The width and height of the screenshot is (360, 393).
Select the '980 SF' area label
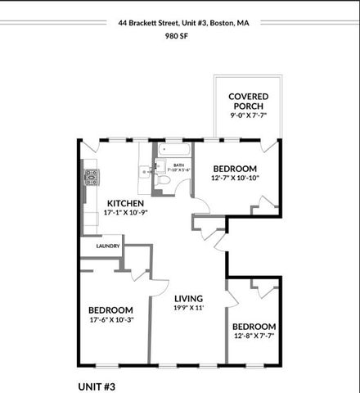pyautogui.click(x=179, y=37)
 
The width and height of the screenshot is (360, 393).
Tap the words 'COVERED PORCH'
pyautogui.click(x=248, y=101)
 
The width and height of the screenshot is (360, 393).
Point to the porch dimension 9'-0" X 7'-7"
pyautogui.click(x=248, y=116)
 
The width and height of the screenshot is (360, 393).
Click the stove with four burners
pyautogui.click(x=91, y=177)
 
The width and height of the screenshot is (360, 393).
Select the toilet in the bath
pyautogui.click(x=162, y=180)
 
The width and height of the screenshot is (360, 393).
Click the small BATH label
pyautogui.click(x=178, y=165)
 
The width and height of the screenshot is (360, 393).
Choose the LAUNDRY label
pyautogui.click(x=107, y=246)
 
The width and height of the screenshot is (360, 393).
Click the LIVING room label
pyautogui.click(x=188, y=298)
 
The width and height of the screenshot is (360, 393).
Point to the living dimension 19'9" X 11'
pyautogui.click(x=188, y=309)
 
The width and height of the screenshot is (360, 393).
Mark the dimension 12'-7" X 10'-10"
pyautogui.click(x=235, y=178)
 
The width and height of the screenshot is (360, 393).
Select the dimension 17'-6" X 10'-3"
pyautogui.click(x=110, y=320)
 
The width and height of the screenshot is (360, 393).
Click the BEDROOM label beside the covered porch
pyautogui.click(x=235, y=168)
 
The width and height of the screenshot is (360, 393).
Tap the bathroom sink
pyautogui.click(x=146, y=171)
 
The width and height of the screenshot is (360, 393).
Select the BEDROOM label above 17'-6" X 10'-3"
pyautogui.click(x=110, y=309)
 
